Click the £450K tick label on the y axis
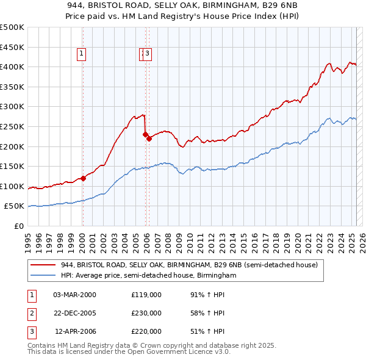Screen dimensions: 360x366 pyautogui.click(x=12, y=47)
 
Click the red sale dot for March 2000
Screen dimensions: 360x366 pyautogui.click(x=83, y=178)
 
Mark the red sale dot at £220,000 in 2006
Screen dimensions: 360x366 pyautogui.click(x=149, y=139)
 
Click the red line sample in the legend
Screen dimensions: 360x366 pyautogui.click(x=43, y=265)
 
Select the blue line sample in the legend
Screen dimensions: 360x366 pyautogui.click(x=43, y=276)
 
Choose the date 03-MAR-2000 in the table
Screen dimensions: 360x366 pyautogui.click(x=74, y=295)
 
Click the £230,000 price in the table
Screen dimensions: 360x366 pyautogui.click(x=146, y=313)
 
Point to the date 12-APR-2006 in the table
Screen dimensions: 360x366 pyautogui.click(x=75, y=331)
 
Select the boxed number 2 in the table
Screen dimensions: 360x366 pyautogui.click(x=31, y=313)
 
